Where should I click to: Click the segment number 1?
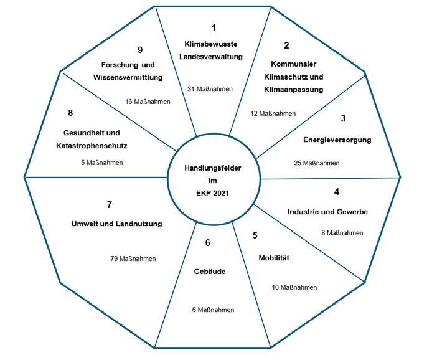tap(214, 28)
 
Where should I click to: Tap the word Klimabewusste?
tap(211, 44)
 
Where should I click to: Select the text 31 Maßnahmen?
tap(210, 89)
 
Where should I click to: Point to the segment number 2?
tap(286, 45)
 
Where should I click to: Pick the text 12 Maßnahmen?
tap(273, 113)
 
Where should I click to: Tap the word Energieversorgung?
tap(337, 140)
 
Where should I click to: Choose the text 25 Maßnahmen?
tap(317, 163)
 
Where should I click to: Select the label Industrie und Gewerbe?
tap(327, 212)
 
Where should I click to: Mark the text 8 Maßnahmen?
tap(342, 233)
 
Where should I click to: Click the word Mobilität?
tap(274, 257)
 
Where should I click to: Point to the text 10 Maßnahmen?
tap(294, 287)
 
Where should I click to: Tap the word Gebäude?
tap(209, 272)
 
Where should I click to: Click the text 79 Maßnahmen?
tap(133, 258)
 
